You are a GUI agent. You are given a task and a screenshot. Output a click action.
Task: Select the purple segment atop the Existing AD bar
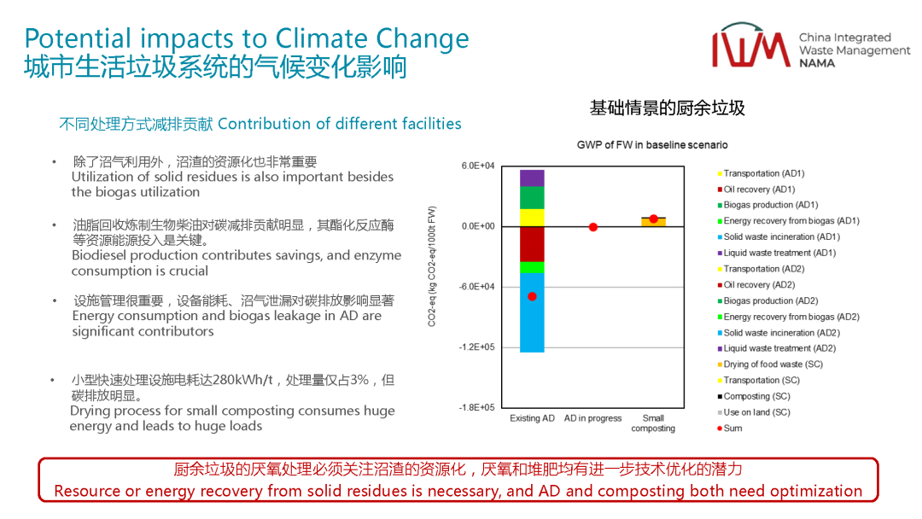coord(532,178)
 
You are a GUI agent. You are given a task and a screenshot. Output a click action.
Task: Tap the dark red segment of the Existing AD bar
coord(532,243)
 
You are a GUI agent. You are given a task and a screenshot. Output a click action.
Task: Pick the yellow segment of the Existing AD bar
coord(532,217)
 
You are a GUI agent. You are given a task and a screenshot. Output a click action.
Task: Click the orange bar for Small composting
coord(654,222)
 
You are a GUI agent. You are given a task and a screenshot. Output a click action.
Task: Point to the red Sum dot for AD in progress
coord(593,227)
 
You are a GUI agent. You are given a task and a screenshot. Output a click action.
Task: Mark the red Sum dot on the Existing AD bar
coord(532,296)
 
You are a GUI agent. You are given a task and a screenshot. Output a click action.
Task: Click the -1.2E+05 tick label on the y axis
coord(476,347)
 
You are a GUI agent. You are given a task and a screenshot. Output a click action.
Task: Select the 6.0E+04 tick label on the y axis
coord(478,166)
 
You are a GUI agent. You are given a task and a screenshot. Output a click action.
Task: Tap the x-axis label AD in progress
coord(593,418)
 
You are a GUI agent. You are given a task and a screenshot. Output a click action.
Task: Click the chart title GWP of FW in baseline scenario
coord(652,145)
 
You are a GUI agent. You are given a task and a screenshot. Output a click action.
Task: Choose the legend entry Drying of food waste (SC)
coord(773,364)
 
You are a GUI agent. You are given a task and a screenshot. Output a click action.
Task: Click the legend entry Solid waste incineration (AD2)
coord(781,333)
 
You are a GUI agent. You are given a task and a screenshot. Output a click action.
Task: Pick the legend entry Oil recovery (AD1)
coord(759,190)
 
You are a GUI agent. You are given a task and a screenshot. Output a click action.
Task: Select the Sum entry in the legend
coord(732,429)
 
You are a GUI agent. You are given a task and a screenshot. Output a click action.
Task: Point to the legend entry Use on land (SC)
coord(756,412)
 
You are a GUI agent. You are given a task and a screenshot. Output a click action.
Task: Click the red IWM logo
coord(750,48)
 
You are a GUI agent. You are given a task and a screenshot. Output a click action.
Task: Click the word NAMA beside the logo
coord(817,63)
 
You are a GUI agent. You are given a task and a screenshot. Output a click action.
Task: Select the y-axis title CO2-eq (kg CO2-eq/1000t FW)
coord(432,265)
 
